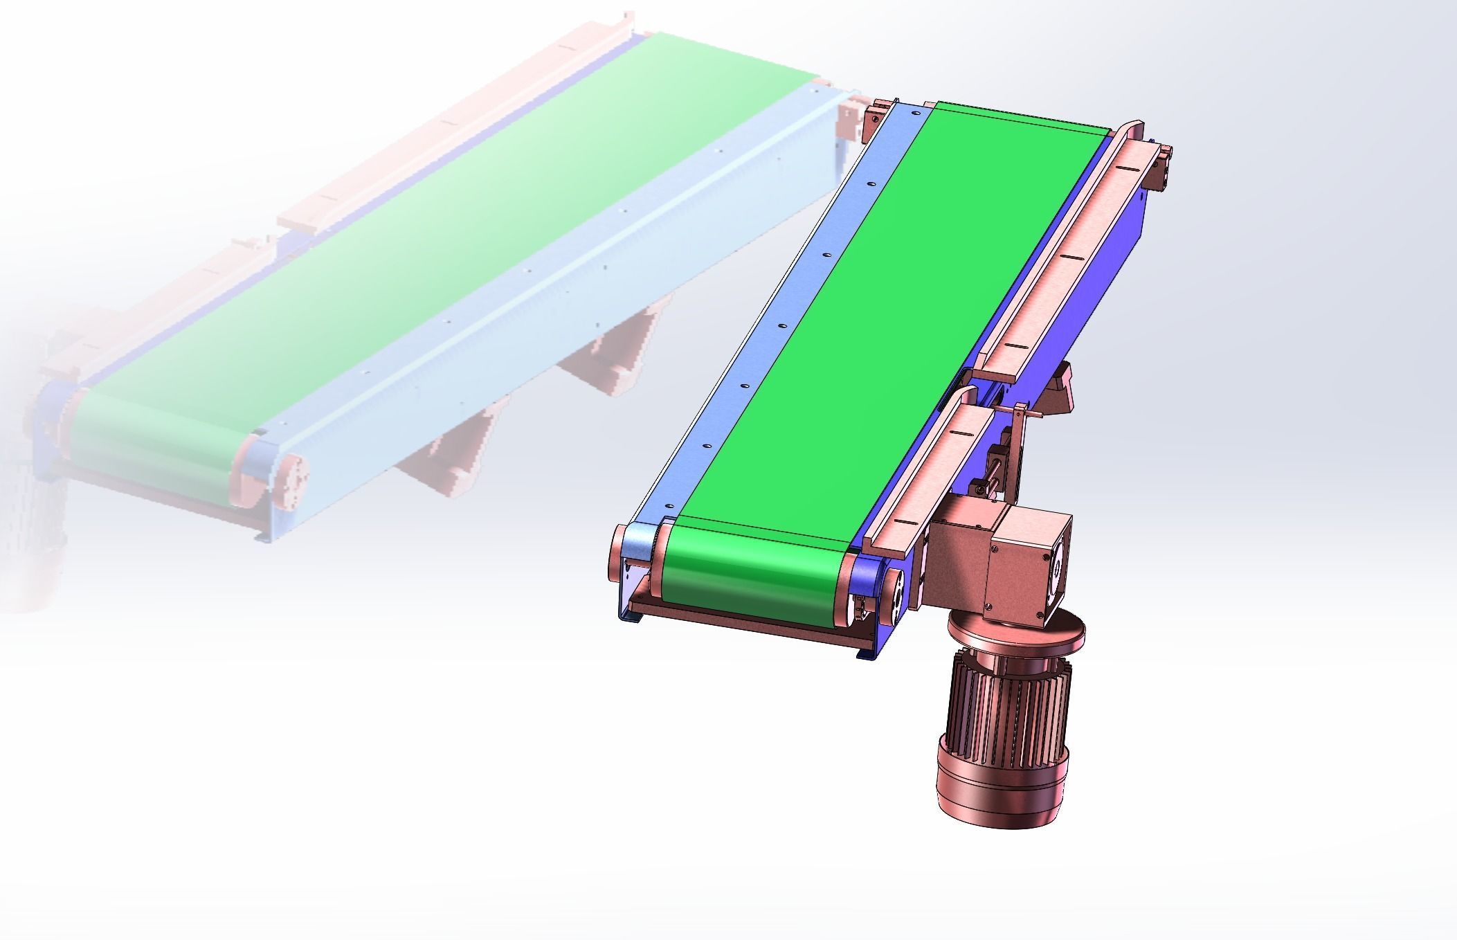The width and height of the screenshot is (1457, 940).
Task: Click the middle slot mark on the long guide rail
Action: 1071,257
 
